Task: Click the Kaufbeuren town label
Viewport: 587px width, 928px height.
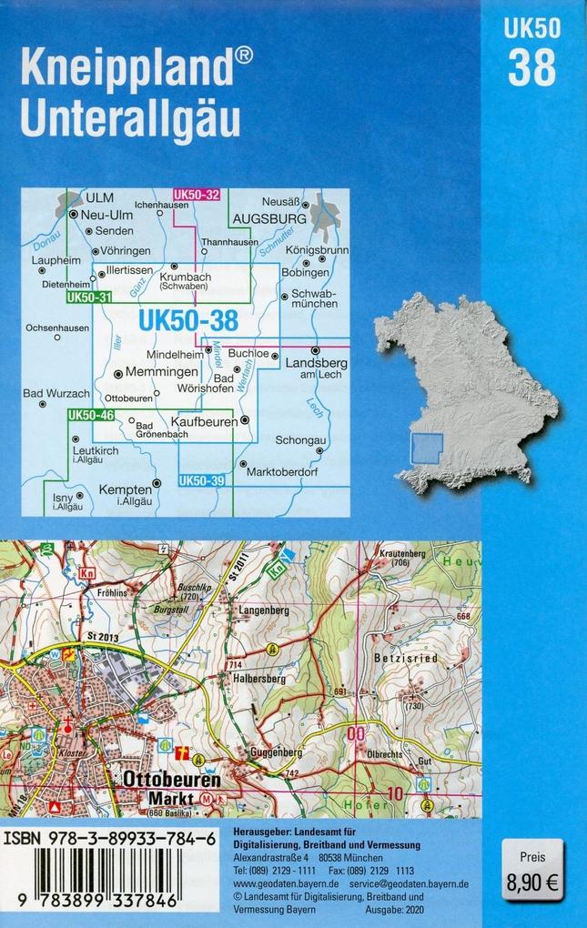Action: [204, 422]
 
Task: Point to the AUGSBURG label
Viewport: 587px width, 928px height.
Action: [268, 219]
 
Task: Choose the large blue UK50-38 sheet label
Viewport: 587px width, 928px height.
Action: [188, 320]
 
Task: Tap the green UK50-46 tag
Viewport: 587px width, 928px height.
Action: [90, 416]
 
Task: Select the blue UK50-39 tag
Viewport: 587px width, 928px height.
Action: [202, 480]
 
